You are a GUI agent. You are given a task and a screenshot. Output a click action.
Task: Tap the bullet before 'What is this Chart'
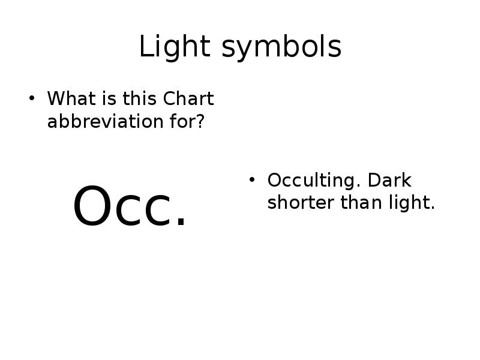pos(33,98)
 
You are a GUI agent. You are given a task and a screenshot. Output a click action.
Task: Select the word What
pos(68,98)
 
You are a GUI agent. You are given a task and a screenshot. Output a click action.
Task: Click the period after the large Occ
pos(181,223)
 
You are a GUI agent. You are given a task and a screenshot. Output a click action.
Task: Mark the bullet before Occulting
pos(253,180)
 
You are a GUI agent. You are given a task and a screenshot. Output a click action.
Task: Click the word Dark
pos(389,180)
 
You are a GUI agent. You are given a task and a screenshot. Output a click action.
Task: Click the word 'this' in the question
pos(140,98)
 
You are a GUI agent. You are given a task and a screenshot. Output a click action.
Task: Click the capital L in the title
pos(144,47)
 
